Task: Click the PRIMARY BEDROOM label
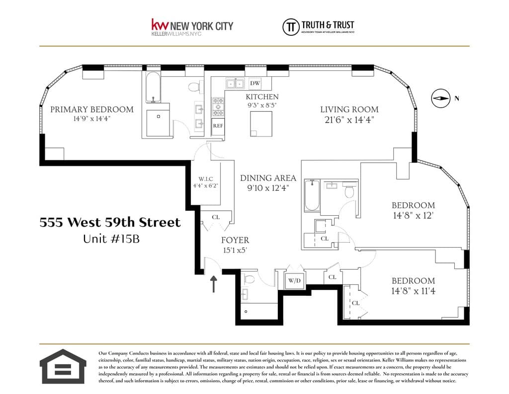[91, 110]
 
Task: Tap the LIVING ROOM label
[349, 110]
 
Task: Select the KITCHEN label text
[262, 97]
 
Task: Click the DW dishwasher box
[255, 83]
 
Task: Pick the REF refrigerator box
[218, 126]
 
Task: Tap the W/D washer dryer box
[294, 280]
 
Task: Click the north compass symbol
[440, 99]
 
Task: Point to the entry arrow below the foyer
[214, 284]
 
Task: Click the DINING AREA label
[268, 178]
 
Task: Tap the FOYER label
[235, 240]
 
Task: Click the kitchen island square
[261, 124]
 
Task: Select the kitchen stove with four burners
[218, 106]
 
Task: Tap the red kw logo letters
[160, 25]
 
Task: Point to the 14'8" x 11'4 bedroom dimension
[413, 290]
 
